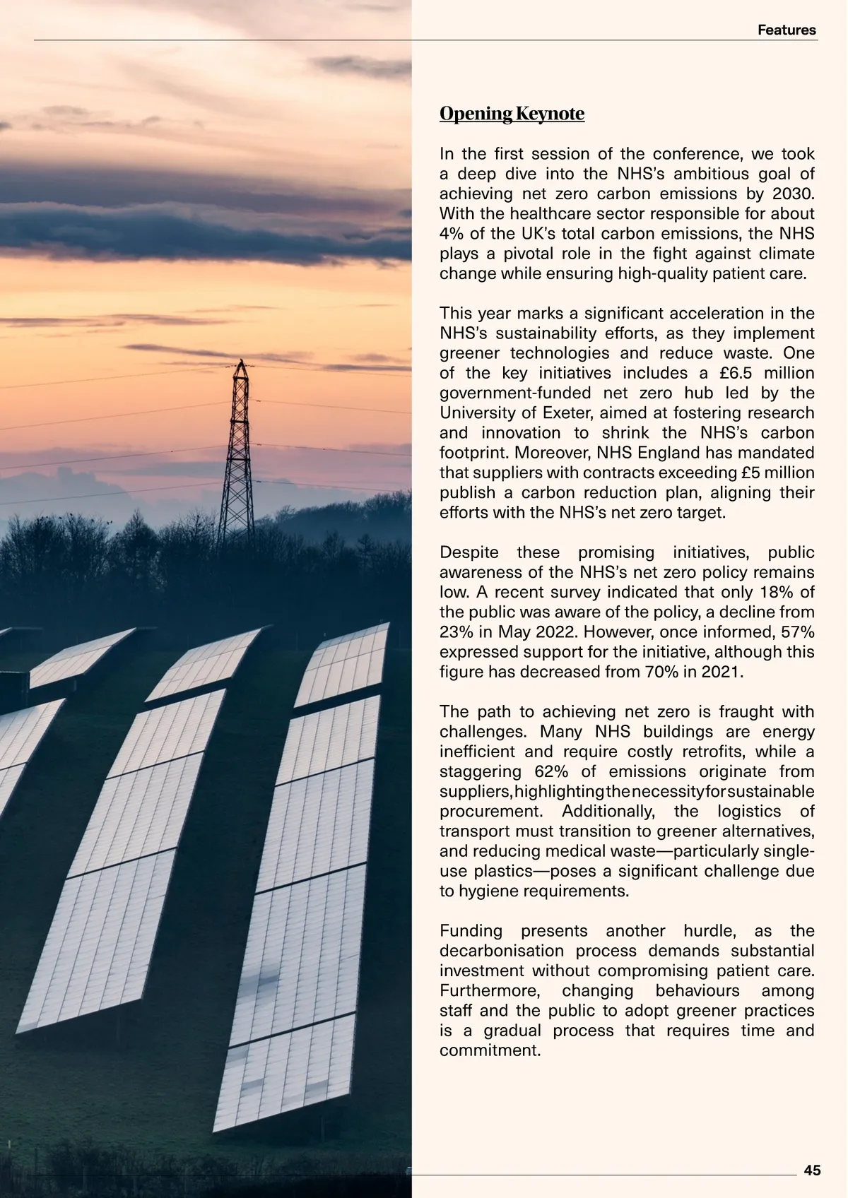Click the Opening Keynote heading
pos(512,114)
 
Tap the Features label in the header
pos(787,30)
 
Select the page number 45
pos(813,1170)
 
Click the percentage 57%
pos(796,631)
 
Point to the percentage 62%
pos(551,771)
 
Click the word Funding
pos(471,931)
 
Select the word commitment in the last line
pos(489,1050)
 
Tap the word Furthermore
pos(489,990)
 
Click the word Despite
pos(469,552)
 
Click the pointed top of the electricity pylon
pos(241,362)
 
